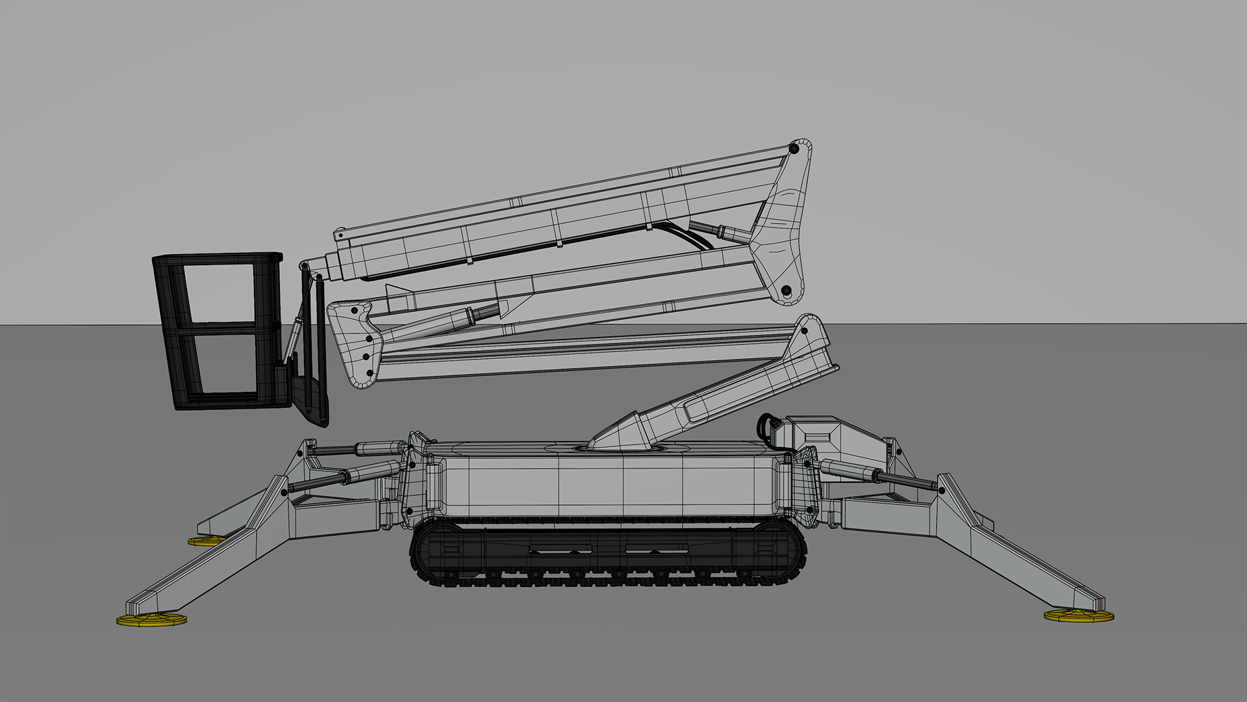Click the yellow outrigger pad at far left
coord(151,620)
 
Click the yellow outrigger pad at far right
coord(1078,615)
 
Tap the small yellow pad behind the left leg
coord(207,541)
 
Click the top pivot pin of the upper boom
coord(792,149)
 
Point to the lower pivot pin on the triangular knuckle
coord(786,290)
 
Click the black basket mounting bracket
coord(309,390)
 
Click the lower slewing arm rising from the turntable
coord(714,396)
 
